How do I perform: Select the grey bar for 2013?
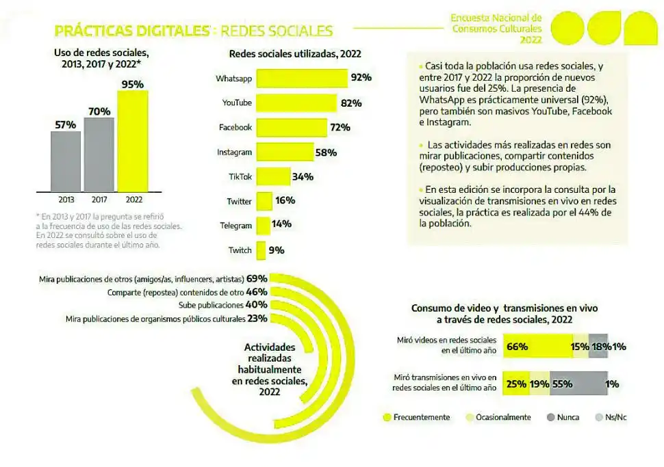pos(66,161)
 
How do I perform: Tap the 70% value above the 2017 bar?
pos(99,111)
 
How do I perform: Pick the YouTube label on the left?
pos(237,103)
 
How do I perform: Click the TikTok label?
pos(240,176)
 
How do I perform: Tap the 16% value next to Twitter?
pos(285,201)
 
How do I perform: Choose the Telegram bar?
pos(263,225)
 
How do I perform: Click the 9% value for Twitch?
pos(277,250)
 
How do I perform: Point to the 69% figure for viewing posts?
pos(257,278)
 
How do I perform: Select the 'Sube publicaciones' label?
pos(211,305)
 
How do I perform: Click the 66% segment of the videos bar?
pos(537,347)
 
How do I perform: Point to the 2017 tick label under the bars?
pos(99,200)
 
